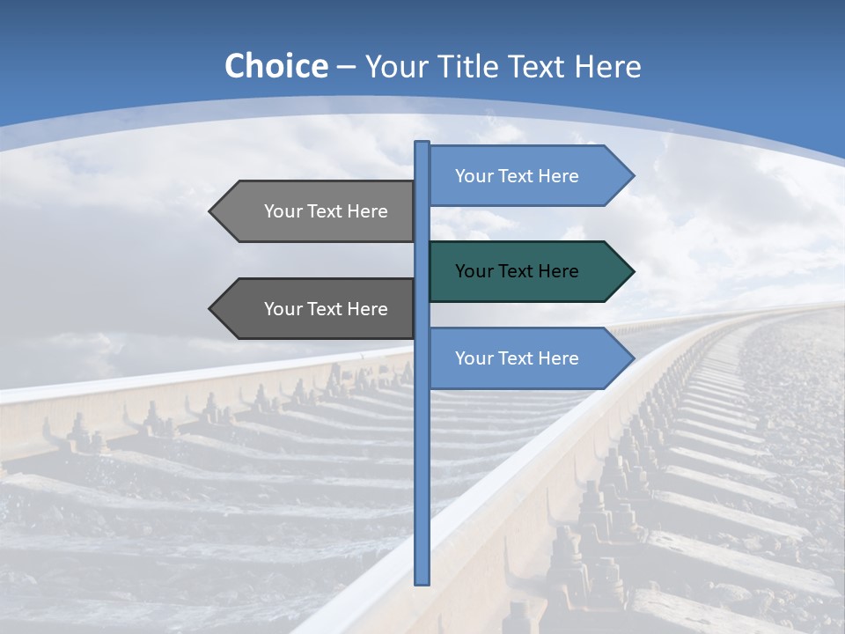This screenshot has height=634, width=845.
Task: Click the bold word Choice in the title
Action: point(276,67)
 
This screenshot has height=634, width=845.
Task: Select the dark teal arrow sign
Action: point(528,271)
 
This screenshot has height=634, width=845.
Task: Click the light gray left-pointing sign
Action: point(317,211)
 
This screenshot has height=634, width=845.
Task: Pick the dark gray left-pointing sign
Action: point(317,309)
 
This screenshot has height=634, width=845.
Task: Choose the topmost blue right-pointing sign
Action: point(528,176)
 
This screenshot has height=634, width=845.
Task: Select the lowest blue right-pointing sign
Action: point(528,358)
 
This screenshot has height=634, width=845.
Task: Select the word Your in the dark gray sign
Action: point(283,309)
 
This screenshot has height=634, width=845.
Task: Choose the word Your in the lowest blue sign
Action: point(474,358)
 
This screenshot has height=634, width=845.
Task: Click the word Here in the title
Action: point(607,67)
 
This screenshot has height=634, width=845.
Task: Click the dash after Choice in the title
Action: point(347,67)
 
